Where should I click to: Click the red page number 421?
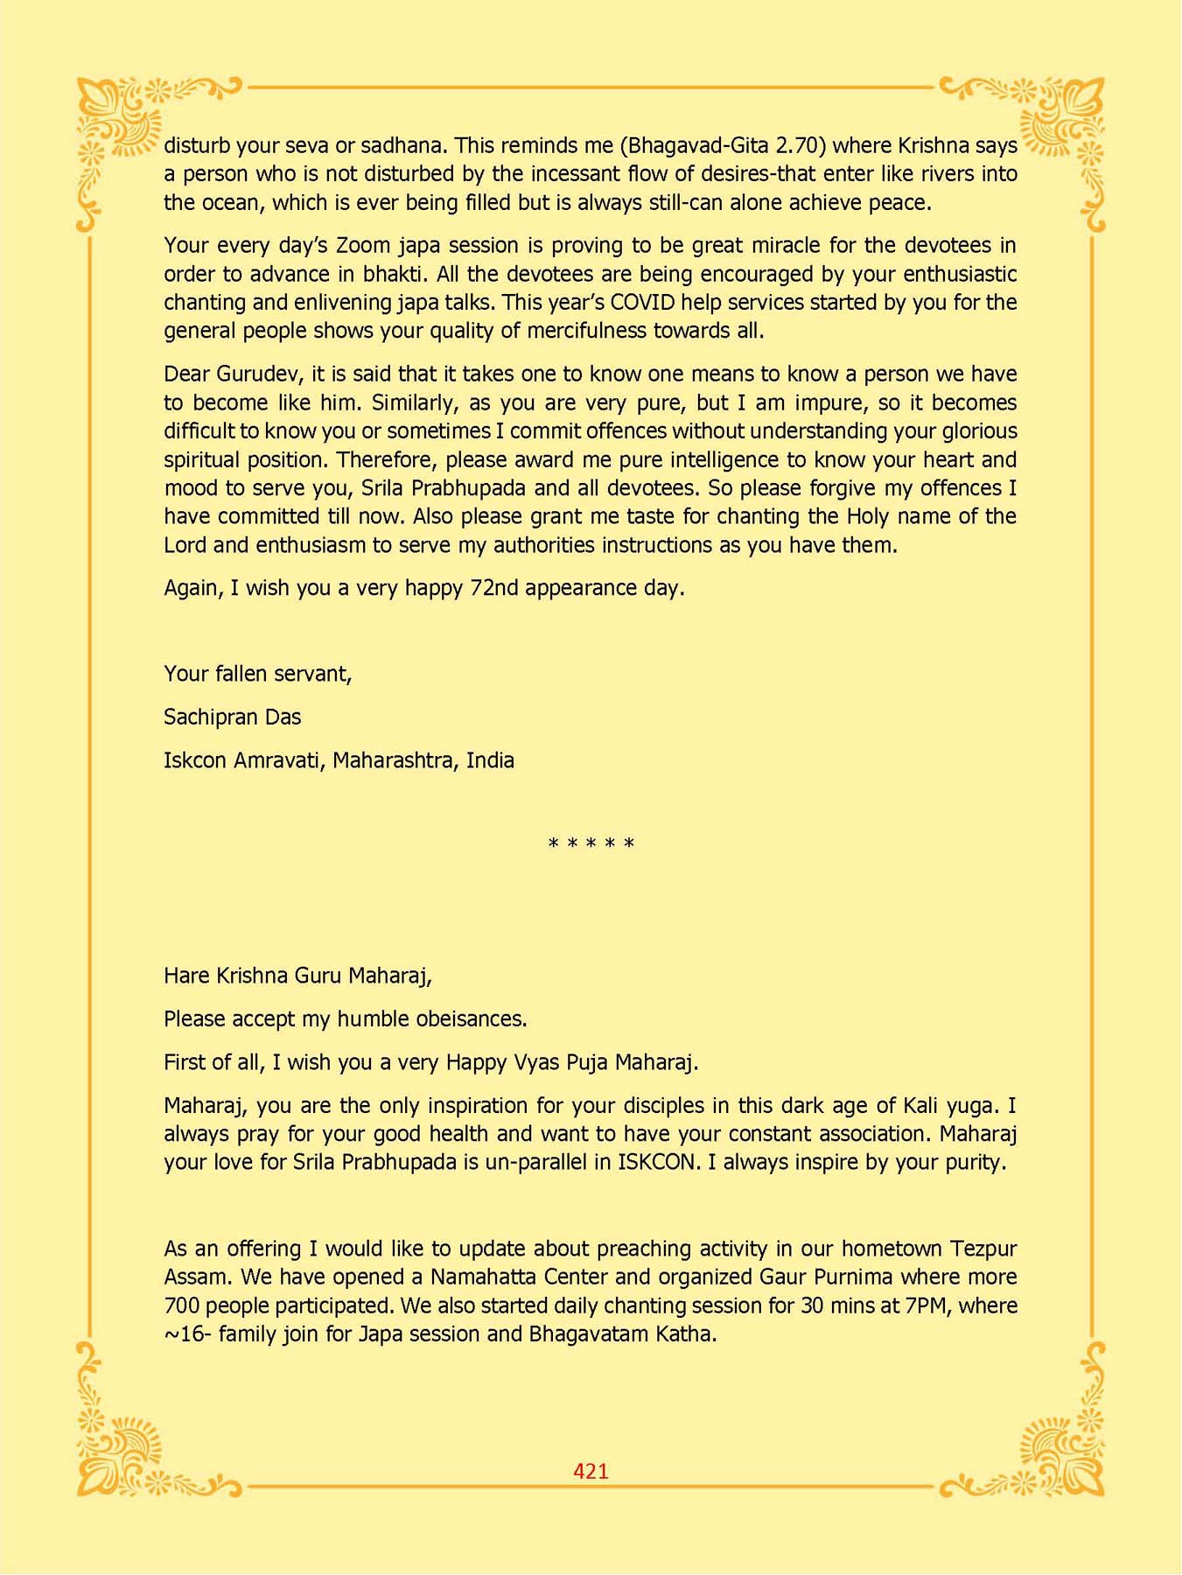pos(591,1471)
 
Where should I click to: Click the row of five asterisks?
pos(591,844)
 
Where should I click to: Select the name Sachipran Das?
pos(232,717)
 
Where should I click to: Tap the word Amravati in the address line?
pos(279,760)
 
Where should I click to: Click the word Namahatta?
pos(481,1277)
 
